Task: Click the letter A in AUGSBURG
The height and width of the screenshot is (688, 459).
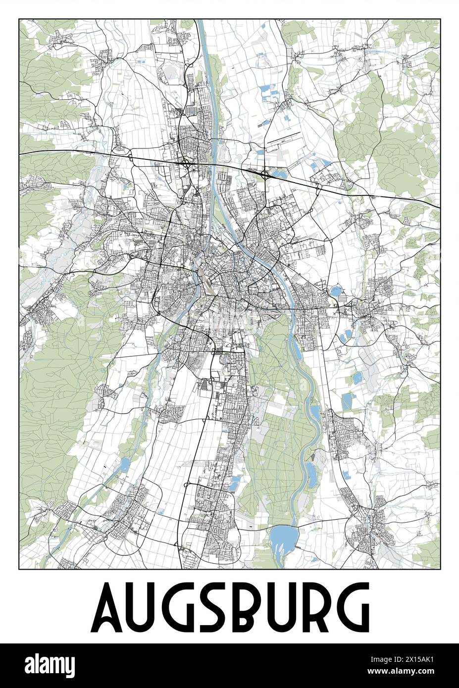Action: (x=106, y=605)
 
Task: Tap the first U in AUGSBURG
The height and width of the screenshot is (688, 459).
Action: (x=141, y=605)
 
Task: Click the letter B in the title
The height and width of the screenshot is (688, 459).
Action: (x=245, y=605)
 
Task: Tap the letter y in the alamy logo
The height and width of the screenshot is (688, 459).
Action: (x=69, y=667)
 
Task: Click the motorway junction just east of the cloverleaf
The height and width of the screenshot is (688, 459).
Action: (x=318, y=187)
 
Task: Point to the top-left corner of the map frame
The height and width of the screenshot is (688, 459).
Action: (x=19, y=19)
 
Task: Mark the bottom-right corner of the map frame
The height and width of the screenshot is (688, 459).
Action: (x=440, y=569)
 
